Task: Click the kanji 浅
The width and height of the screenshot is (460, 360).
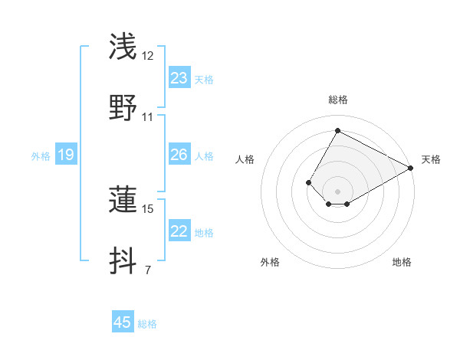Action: tap(123, 47)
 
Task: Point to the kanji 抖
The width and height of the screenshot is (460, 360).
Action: tap(123, 260)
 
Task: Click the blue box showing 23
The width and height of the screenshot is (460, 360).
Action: tap(179, 78)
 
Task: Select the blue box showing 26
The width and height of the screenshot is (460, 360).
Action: tap(179, 155)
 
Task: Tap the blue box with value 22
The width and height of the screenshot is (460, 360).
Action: tap(179, 232)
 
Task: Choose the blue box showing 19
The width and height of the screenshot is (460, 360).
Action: tap(66, 155)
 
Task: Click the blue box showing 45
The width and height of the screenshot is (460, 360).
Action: tap(123, 322)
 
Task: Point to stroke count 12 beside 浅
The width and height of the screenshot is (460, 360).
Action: tap(148, 56)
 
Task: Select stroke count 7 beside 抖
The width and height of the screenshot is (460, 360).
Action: tap(148, 270)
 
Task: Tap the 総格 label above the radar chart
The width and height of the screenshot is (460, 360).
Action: tap(338, 100)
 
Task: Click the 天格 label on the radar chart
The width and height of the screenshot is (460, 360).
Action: tap(431, 159)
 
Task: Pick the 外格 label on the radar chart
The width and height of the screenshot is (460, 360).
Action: tap(270, 262)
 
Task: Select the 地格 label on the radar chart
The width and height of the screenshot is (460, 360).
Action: tap(402, 262)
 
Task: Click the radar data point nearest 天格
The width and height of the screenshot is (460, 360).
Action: tap(411, 168)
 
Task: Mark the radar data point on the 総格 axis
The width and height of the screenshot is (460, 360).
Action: tap(338, 130)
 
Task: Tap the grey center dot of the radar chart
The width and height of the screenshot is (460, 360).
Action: tap(338, 191)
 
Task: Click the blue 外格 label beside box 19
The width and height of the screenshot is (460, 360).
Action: tap(41, 156)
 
